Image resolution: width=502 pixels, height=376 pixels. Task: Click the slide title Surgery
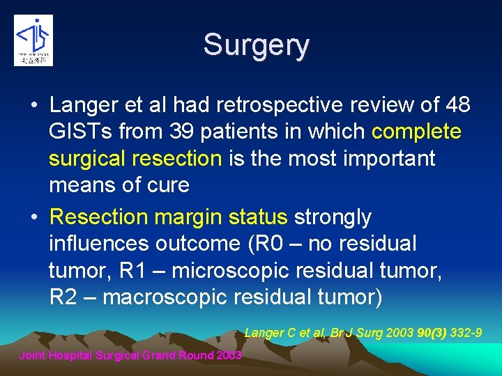pyautogui.click(x=256, y=46)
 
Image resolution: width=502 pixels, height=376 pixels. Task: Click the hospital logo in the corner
pyautogui.click(x=33, y=40)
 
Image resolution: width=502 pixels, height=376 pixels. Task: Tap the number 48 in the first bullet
pyautogui.click(x=457, y=105)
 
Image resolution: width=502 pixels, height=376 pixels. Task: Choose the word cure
pyautogui.click(x=167, y=185)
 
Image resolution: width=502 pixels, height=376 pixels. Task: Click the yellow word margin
pyautogui.click(x=188, y=217)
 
